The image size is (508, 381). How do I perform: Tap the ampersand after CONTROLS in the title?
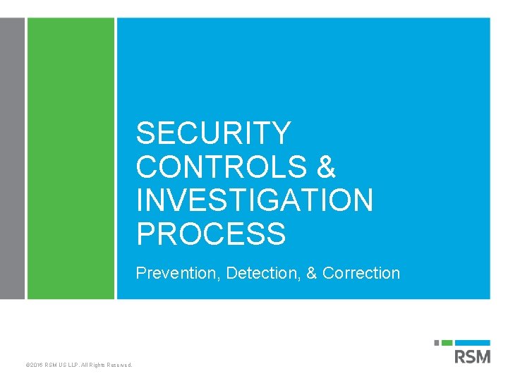325,167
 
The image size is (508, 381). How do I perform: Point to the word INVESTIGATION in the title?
255,200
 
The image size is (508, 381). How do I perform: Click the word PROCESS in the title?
211,234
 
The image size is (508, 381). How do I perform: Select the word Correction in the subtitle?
361,273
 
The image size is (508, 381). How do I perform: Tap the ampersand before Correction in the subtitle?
311,273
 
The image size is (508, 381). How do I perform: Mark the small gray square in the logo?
437,343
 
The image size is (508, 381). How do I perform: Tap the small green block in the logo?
446,343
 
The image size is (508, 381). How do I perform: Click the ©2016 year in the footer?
32,365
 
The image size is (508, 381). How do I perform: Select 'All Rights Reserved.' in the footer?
107,365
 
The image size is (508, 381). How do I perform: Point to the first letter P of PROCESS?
145,234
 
